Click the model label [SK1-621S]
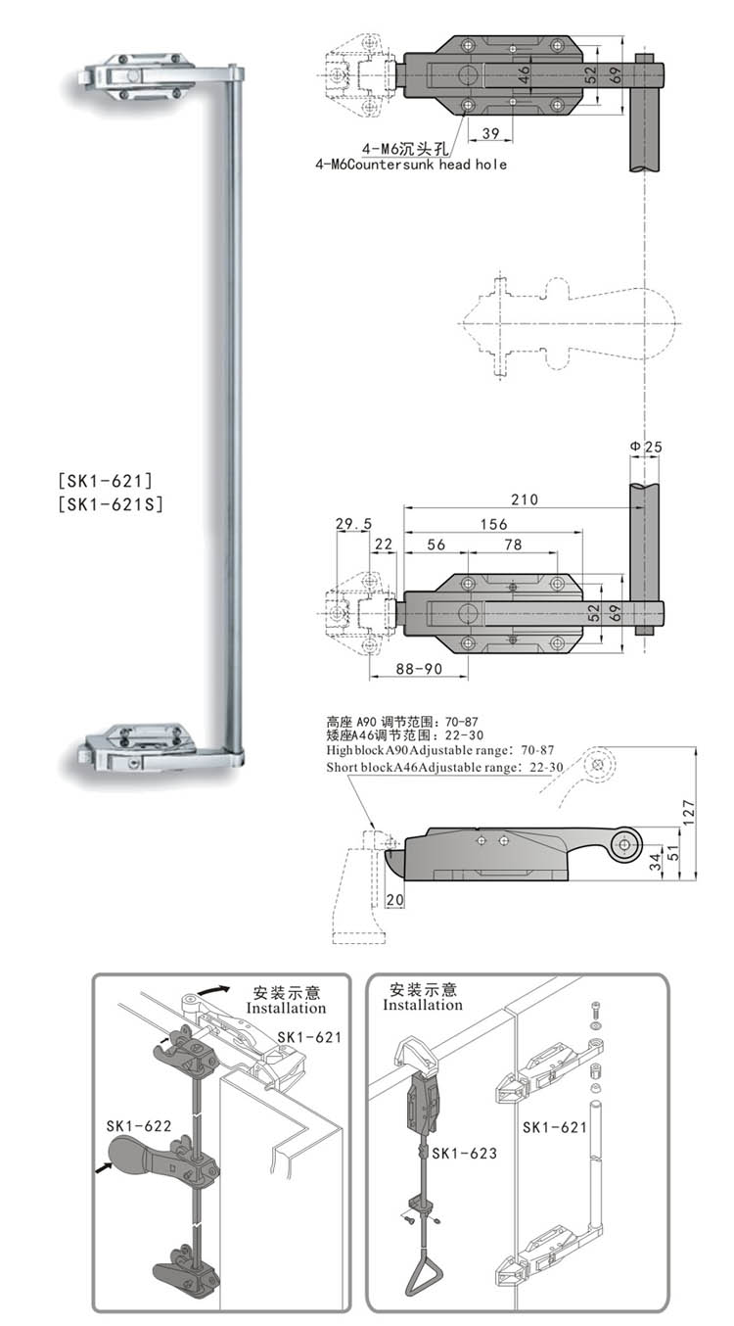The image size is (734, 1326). coord(110,505)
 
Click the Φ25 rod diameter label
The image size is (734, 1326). coord(645,447)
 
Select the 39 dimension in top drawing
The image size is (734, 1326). coord(490,133)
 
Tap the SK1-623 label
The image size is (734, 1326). coord(464,1154)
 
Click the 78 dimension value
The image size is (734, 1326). coord(512,545)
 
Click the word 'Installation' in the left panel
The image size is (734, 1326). coord(286,1007)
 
